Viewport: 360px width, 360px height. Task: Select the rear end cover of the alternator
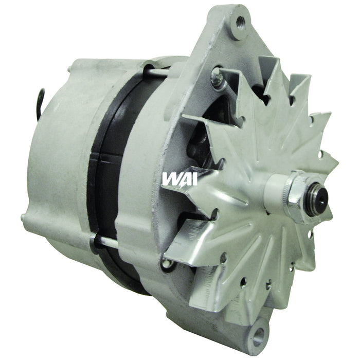tap(57, 154)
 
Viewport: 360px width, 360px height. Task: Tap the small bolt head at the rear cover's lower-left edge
tap(24, 218)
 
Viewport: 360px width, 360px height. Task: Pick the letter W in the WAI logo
tap(168, 178)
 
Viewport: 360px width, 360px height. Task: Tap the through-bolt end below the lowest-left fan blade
tap(166, 265)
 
